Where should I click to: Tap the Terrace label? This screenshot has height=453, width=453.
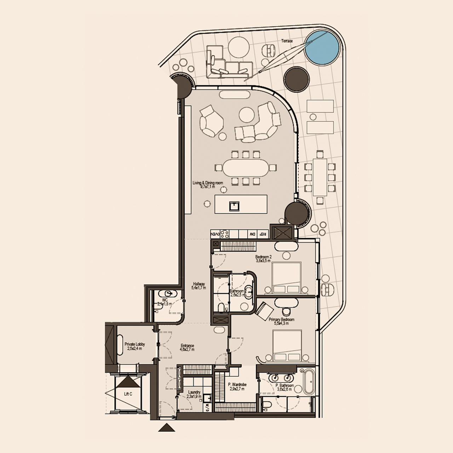point(287,41)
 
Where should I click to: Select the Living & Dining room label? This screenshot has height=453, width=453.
point(208,183)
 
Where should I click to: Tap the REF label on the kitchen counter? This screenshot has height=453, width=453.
point(262,234)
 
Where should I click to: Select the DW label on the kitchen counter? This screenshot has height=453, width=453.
point(252,234)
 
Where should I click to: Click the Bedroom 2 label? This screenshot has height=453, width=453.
point(263,257)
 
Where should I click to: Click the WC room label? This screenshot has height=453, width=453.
point(165,300)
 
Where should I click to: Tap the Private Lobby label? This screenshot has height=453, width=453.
point(134,344)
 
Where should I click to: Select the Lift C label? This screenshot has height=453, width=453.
point(128,394)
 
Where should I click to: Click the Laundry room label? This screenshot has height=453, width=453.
point(194,392)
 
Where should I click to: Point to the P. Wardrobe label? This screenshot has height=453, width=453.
point(237,384)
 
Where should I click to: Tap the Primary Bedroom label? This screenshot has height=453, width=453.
point(281,320)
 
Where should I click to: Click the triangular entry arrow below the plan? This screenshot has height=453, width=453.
point(167,428)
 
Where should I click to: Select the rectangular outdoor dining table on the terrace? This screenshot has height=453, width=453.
point(320,177)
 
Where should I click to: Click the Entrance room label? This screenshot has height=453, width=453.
point(187,346)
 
